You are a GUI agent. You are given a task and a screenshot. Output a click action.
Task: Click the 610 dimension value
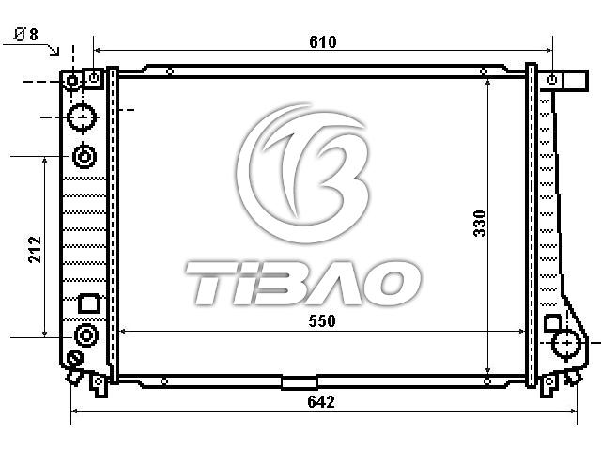point(323,41)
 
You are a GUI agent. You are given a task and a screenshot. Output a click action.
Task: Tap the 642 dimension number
point(321,402)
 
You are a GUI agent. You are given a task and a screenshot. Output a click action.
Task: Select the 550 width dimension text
point(322,321)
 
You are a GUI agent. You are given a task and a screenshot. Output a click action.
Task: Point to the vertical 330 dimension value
point(480,224)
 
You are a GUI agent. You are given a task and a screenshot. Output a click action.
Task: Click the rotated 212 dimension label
point(35,249)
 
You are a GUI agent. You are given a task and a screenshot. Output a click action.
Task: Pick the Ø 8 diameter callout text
point(26,34)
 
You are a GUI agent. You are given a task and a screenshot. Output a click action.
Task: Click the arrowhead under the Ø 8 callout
point(55,51)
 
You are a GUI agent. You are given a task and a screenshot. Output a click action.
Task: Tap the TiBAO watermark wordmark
point(303,283)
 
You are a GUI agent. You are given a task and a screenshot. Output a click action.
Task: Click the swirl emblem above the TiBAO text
point(302,173)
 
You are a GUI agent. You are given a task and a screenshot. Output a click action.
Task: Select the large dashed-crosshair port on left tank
point(82,117)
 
